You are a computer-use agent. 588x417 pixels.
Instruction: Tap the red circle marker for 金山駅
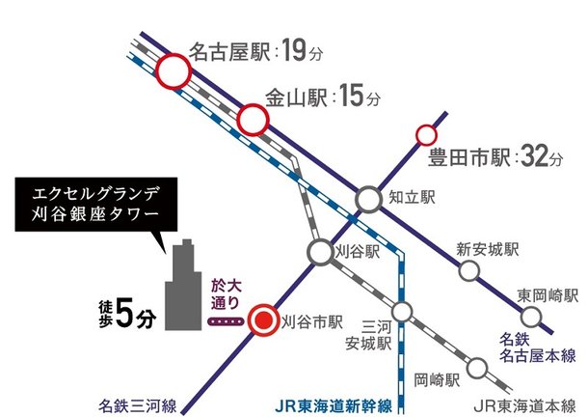(x=253, y=120)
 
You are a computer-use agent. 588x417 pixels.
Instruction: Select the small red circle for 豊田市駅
(x=425, y=135)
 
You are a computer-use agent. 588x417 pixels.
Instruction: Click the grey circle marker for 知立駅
(x=369, y=199)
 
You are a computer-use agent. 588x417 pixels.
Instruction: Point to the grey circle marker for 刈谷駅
(x=321, y=251)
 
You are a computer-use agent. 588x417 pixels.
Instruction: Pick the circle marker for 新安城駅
(x=468, y=271)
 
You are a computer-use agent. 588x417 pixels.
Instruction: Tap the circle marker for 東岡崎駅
(x=530, y=316)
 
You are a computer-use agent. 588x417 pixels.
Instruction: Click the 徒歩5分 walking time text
(x=124, y=309)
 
